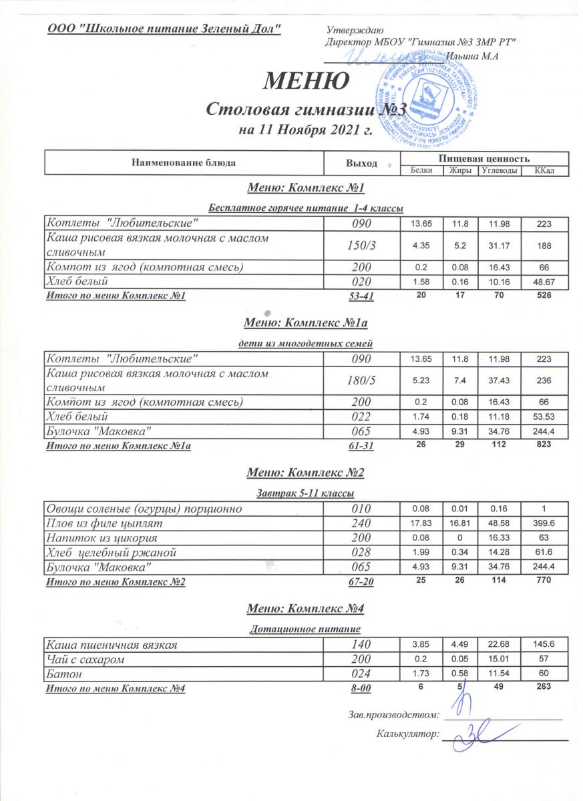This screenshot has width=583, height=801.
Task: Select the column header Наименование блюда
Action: pyautogui.click(x=184, y=162)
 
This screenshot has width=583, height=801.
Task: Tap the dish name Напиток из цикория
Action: pyautogui.click(x=100, y=538)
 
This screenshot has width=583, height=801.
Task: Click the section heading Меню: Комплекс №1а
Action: pyautogui.click(x=308, y=324)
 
